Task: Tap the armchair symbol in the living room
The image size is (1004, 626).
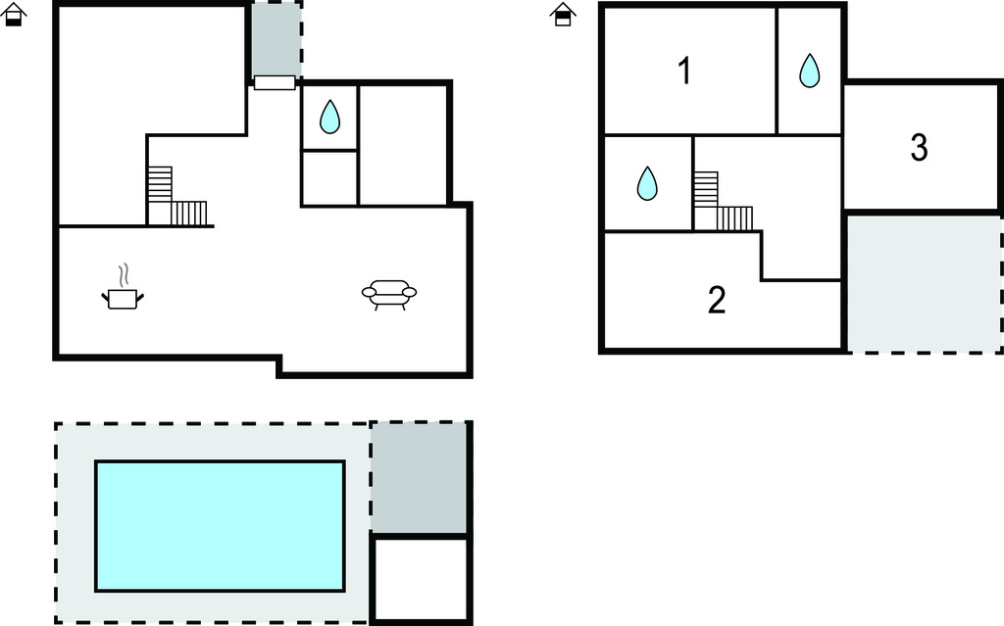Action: [x=389, y=293]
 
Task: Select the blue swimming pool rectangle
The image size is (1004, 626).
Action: [x=220, y=525]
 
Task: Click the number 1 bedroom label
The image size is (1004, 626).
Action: [x=684, y=71]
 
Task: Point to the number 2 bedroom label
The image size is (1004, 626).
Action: [x=716, y=301]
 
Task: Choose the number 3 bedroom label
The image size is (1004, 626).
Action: [x=919, y=148]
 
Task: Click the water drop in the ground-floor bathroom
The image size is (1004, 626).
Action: [x=329, y=118]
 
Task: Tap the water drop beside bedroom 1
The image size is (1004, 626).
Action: [x=809, y=71]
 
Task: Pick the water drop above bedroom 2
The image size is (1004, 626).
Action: [x=647, y=183]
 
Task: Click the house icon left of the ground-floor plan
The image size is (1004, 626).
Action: [x=14, y=15]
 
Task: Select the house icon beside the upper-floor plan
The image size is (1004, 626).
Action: [x=562, y=15]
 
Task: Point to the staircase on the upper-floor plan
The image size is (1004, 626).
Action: [x=722, y=205]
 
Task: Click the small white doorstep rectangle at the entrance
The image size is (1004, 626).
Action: [x=275, y=82]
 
